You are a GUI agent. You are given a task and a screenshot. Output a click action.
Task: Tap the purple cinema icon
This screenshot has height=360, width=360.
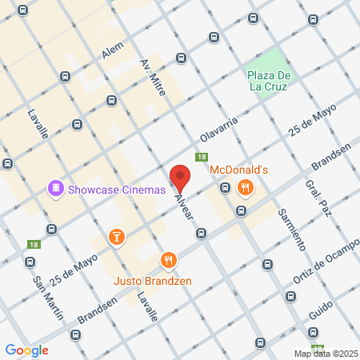pos(56,190)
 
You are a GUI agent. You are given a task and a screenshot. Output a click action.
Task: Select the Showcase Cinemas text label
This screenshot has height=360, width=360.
pos(116,190)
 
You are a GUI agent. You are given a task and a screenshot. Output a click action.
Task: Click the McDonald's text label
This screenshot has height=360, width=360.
pos(238,170)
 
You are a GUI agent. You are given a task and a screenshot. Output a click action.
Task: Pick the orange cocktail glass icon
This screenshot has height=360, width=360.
pos(117,236)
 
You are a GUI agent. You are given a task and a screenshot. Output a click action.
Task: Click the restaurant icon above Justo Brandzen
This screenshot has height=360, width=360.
pos(168,259)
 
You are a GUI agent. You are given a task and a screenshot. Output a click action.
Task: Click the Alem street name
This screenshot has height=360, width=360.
pos(113,50)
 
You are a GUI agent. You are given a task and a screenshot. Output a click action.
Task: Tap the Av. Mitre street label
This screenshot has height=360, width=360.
pos(152,78)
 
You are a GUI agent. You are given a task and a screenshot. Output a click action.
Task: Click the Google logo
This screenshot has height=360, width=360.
pos(26,350)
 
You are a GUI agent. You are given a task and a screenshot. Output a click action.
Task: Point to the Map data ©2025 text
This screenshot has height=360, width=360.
pos(325,353)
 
